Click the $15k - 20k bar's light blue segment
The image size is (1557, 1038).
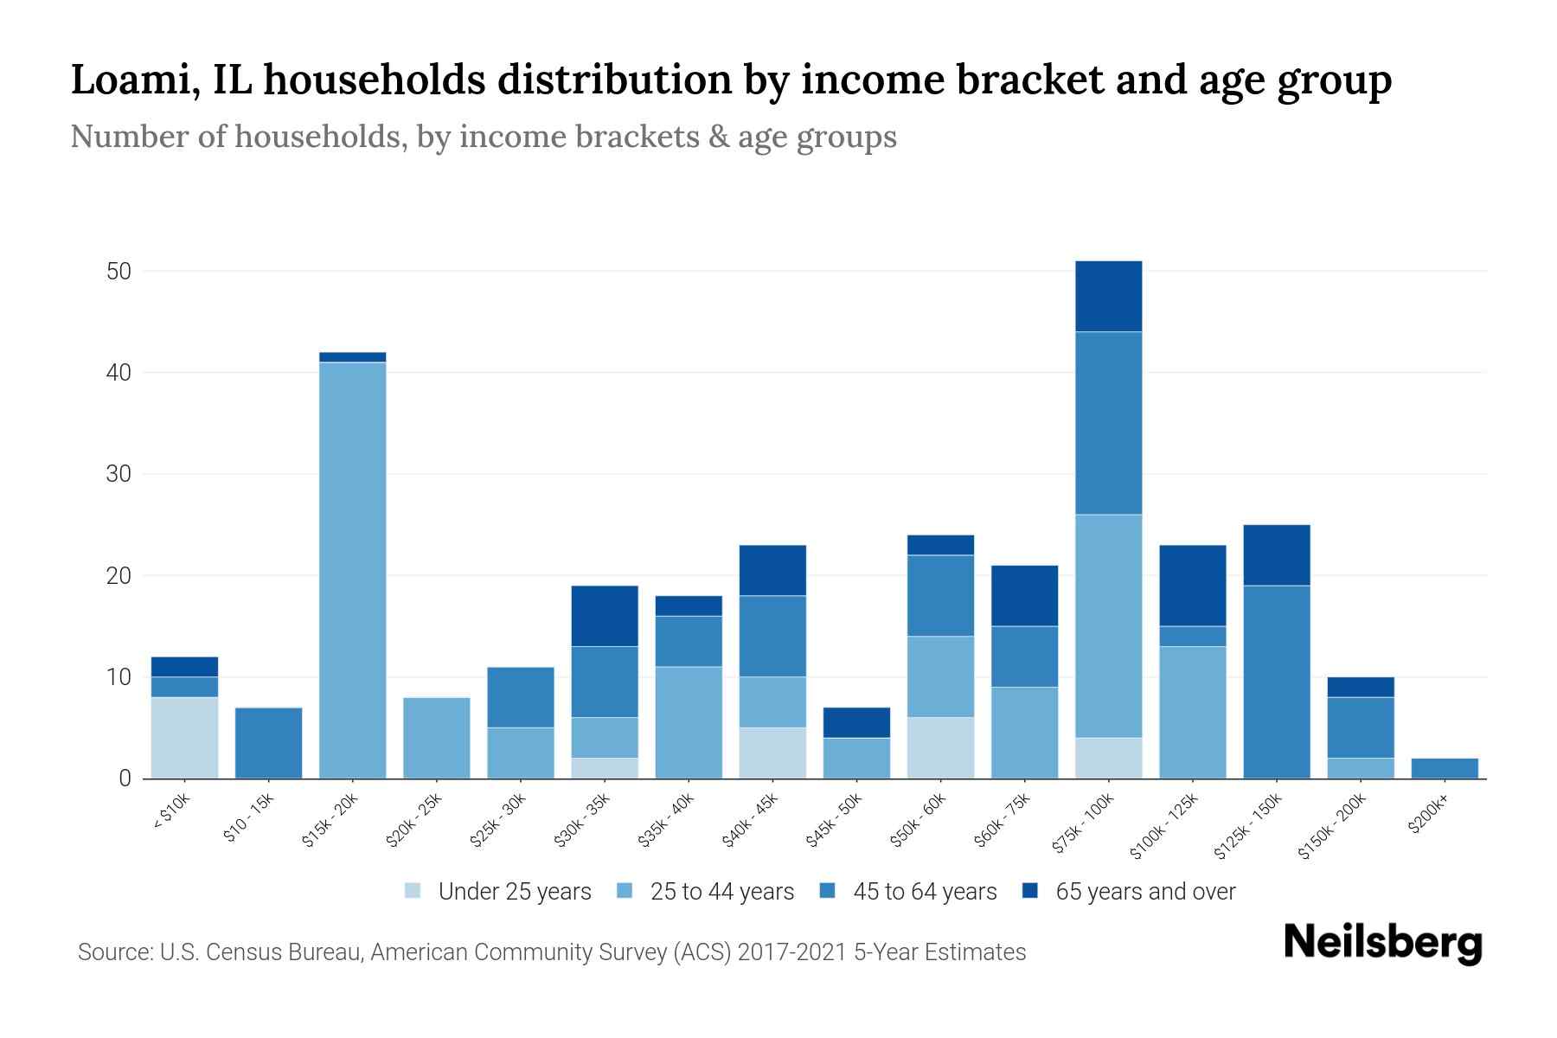pyautogui.click(x=352, y=571)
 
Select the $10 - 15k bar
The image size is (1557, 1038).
pyautogui.click(x=268, y=743)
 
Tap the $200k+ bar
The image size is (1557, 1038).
pyautogui.click(x=1445, y=768)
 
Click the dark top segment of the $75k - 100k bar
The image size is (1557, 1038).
pyautogui.click(x=1108, y=297)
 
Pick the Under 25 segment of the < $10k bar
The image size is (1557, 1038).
pyautogui.click(x=184, y=738)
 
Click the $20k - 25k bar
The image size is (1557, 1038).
pyautogui.click(x=436, y=738)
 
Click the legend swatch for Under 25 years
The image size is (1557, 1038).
pyautogui.click(x=413, y=891)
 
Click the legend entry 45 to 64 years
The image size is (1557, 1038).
pyautogui.click(x=924, y=892)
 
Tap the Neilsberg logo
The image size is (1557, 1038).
pyautogui.click(x=1382, y=943)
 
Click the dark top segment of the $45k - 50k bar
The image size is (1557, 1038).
pyautogui.click(x=856, y=722)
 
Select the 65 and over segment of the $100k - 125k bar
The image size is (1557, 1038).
pyautogui.click(x=1192, y=586)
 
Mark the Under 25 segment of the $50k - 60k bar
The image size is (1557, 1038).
pyautogui.click(x=940, y=747)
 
